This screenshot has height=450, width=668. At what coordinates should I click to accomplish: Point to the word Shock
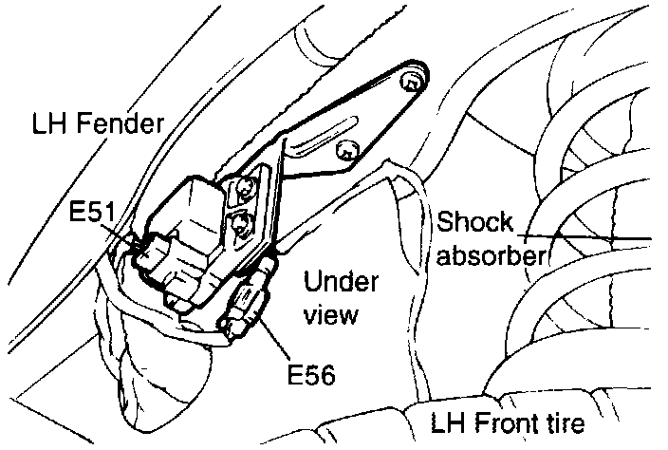475,222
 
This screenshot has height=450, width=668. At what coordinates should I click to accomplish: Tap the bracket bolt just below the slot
349,148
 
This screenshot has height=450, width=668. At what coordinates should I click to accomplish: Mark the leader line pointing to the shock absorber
588,235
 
